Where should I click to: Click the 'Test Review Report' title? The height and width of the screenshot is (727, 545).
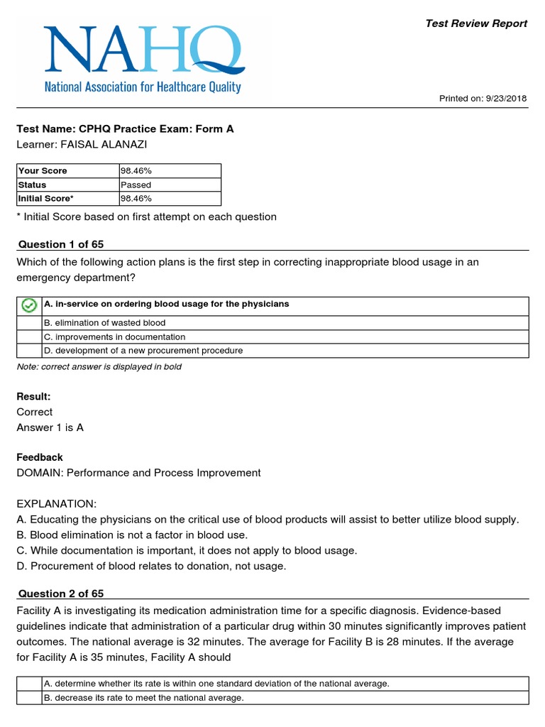coord(476,23)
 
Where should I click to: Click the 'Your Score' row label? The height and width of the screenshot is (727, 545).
coord(43,170)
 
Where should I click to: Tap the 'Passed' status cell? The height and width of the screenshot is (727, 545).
coord(137,185)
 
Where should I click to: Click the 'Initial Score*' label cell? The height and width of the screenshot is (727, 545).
coord(46,198)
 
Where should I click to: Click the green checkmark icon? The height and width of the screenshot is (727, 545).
coord(29,305)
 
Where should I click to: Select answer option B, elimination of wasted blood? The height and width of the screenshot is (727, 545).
coord(104,323)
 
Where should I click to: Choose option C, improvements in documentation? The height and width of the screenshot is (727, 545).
coord(114,337)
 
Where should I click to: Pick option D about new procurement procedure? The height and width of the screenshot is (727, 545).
coord(143,351)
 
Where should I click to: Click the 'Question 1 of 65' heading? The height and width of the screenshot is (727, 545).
coord(60,244)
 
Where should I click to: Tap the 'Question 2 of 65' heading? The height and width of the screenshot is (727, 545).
coord(60,594)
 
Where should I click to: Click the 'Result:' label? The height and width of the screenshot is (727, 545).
coord(33,396)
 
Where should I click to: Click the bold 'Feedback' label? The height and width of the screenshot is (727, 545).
coord(40,457)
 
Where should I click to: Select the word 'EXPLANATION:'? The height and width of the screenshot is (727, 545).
coord(56,503)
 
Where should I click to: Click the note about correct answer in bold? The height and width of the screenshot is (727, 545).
coord(99,366)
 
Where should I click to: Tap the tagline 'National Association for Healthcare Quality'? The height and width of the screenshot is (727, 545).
coord(143,87)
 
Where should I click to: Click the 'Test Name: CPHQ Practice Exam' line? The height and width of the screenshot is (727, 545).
coord(125,129)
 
